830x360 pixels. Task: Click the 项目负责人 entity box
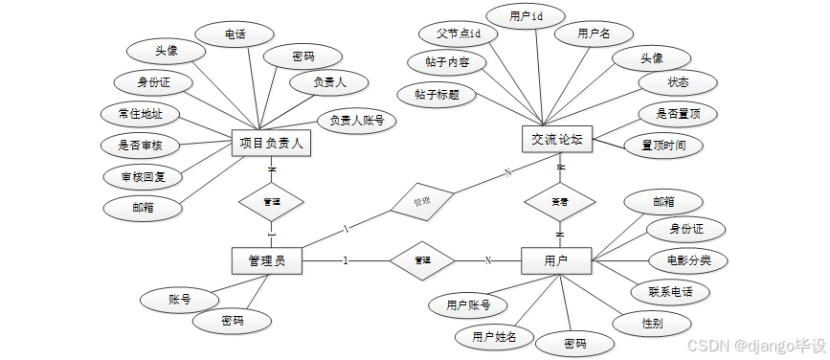pos(271,145)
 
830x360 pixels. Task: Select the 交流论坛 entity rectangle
pos(558,139)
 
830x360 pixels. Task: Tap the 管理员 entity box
pos(267,260)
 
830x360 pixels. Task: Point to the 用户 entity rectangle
pos(556,260)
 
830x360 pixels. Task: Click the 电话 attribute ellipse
pos(235,34)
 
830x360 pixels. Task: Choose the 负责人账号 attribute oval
pos(356,121)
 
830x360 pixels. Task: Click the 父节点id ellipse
pos(459,34)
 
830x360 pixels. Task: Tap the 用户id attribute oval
pos(526,16)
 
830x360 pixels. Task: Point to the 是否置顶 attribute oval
pos(678,113)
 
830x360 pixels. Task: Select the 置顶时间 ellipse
pos(663,146)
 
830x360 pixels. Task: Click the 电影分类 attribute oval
pos(687,259)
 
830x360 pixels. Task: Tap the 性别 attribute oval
pos(651,323)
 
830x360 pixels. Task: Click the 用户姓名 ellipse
pos(494,336)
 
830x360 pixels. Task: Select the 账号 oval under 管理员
pos(180,300)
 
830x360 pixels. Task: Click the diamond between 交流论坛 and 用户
pos(559,202)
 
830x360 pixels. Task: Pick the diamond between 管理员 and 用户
pos(421,260)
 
